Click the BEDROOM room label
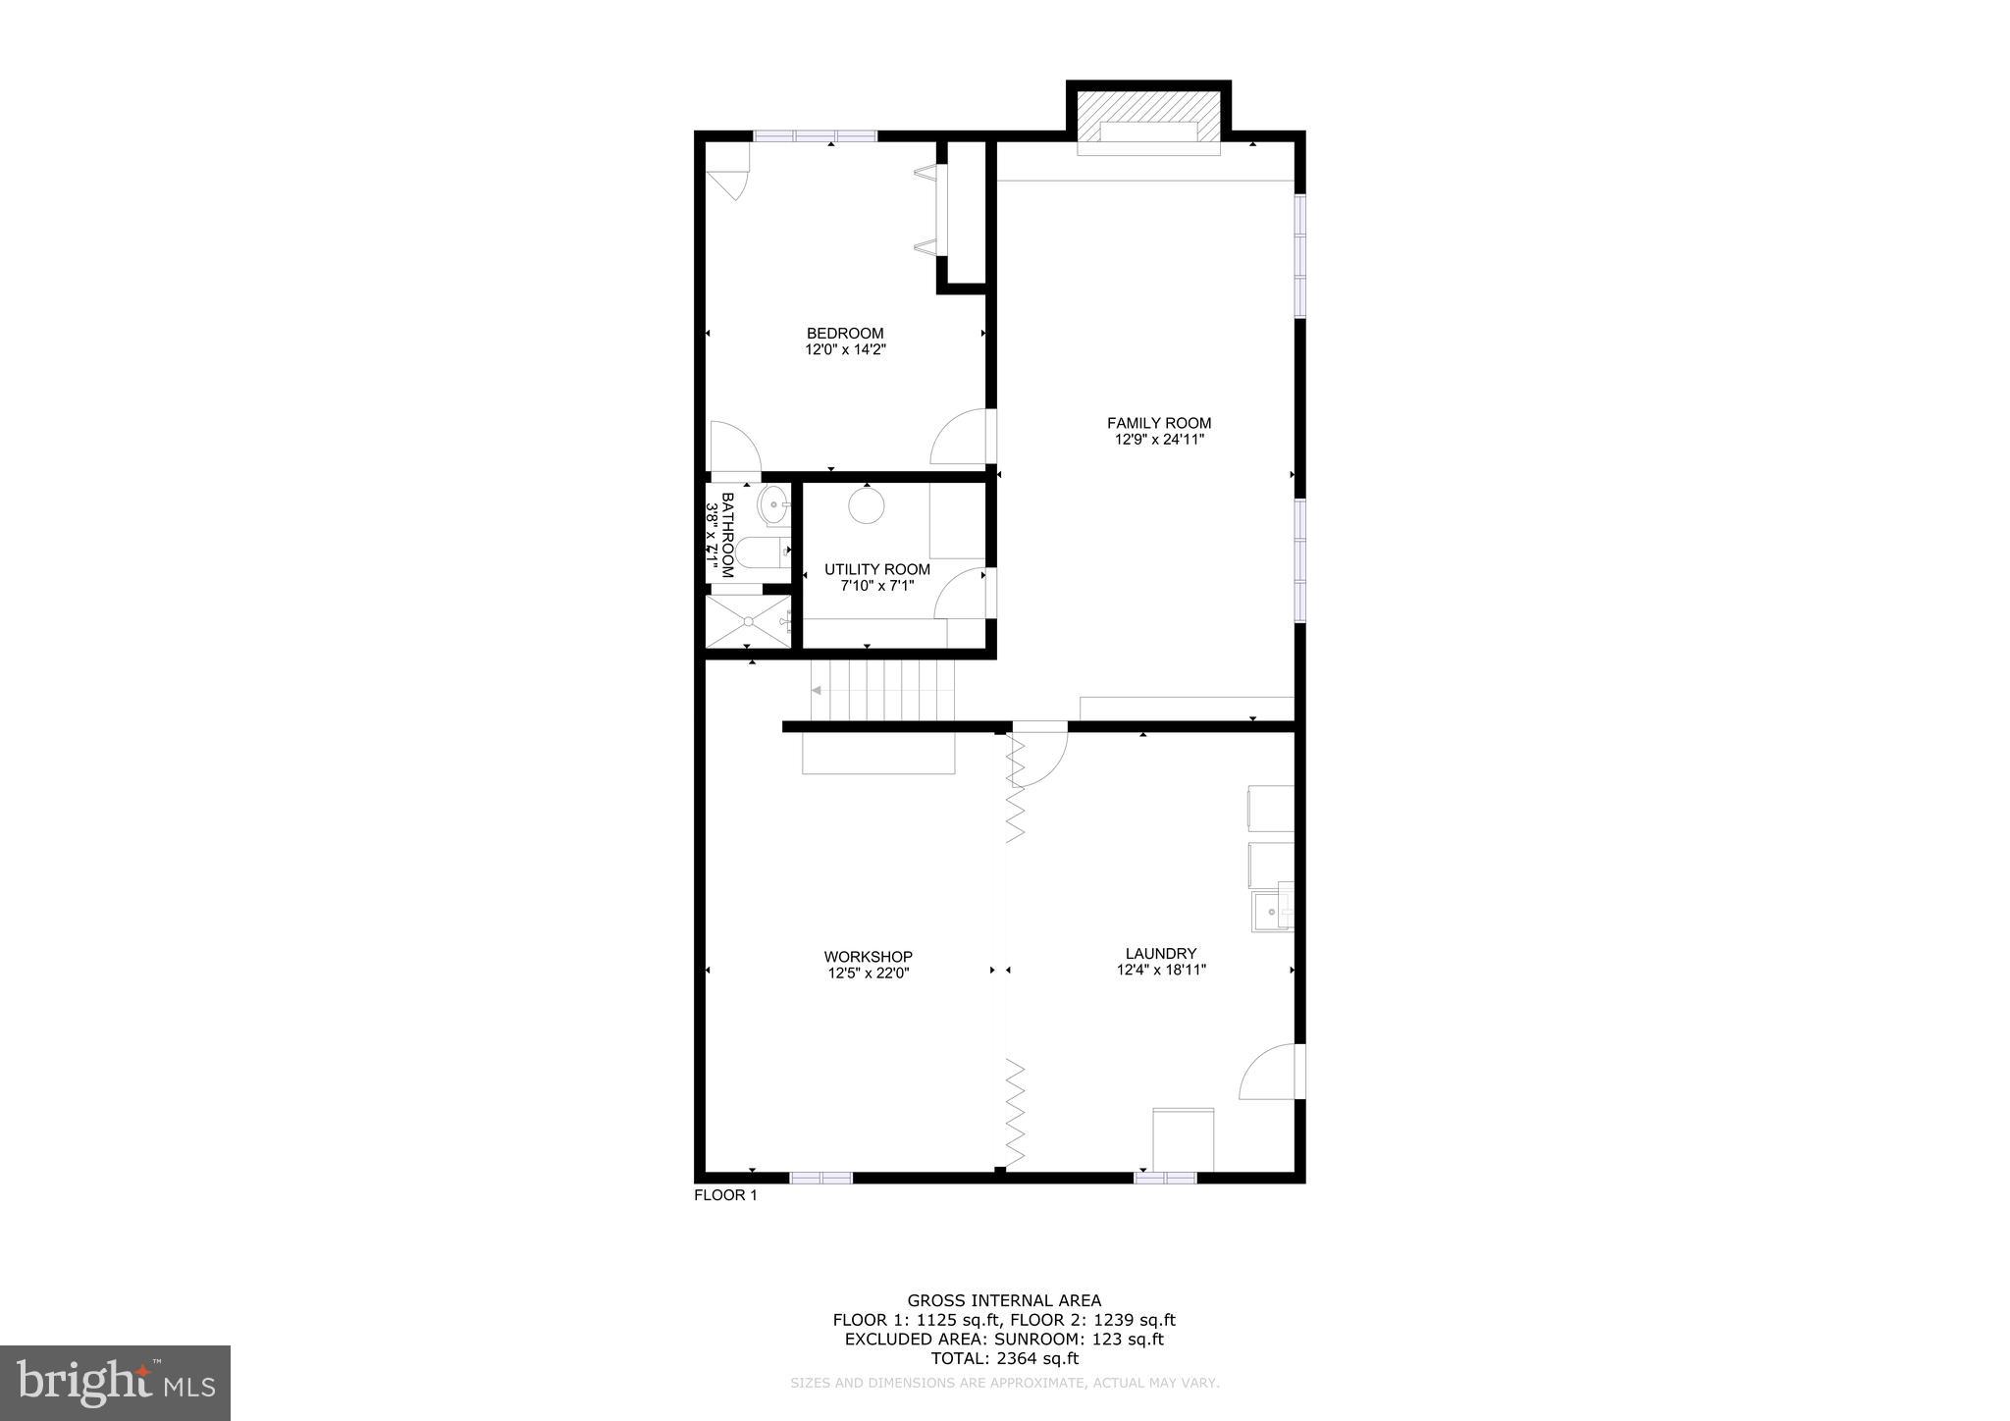(x=845, y=334)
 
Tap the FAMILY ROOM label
(x=1159, y=423)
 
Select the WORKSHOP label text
(x=868, y=957)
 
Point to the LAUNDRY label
(x=1161, y=953)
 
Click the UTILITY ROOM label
(x=876, y=569)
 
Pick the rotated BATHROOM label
(x=727, y=535)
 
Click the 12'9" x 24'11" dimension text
(x=1159, y=441)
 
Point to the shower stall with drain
(x=748, y=620)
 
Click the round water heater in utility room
(x=867, y=505)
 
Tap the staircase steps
(x=882, y=690)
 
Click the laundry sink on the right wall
(x=1272, y=912)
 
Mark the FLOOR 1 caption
(x=725, y=1195)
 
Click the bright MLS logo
(x=115, y=1383)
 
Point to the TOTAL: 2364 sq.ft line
(x=1004, y=1358)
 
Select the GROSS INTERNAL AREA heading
(x=1004, y=1301)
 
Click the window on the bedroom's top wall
(x=815, y=136)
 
